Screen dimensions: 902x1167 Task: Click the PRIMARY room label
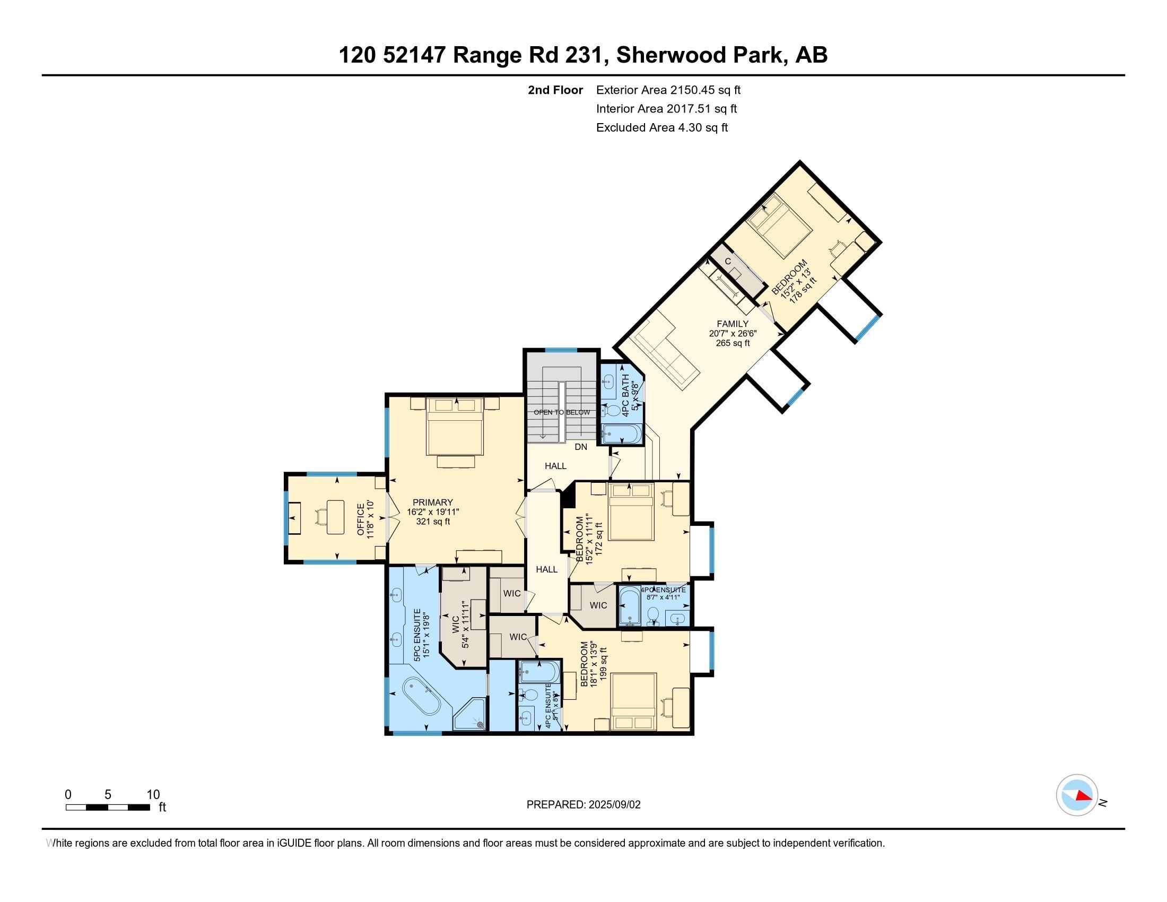(x=433, y=502)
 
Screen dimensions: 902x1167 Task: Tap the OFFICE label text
(x=361, y=519)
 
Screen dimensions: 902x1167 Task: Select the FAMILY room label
(x=733, y=324)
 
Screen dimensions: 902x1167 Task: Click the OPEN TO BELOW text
(x=562, y=412)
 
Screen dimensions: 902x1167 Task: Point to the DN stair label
(x=581, y=447)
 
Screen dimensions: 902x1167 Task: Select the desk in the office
(x=335, y=517)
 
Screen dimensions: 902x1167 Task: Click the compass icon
(x=1077, y=795)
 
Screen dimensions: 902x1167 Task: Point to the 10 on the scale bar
(x=153, y=794)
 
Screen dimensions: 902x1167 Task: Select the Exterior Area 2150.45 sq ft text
(x=668, y=90)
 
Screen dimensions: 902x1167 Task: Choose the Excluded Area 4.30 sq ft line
(x=661, y=127)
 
